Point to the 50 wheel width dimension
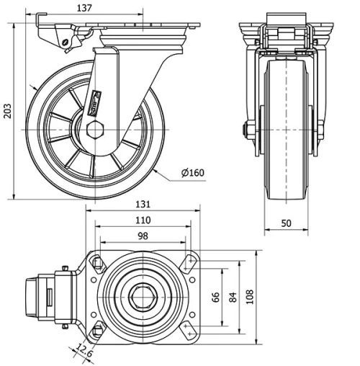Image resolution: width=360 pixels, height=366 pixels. pyautogui.click(x=287, y=223)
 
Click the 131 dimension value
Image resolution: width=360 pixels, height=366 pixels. pyautogui.click(x=143, y=204)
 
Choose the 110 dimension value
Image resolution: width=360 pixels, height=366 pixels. pyautogui.click(x=143, y=220)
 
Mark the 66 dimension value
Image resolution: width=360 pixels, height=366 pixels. pyautogui.click(x=214, y=298)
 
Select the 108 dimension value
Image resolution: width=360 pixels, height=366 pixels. pyautogui.click(x=249, y=298)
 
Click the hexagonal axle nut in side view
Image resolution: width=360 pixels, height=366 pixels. pyautogui.click(x=95, y=130)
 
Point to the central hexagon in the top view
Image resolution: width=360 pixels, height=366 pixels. pyautogui.click(x=143, y=298)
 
